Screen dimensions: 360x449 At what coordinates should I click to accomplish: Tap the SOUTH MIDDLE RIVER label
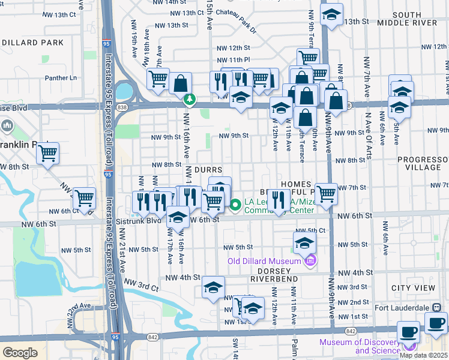click(414, 19)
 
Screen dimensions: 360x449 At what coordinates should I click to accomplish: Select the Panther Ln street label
click(61, 78)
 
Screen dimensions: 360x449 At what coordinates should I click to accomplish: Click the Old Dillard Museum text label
click(264, 261)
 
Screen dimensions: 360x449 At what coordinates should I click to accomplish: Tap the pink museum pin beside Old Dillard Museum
click(310, 260)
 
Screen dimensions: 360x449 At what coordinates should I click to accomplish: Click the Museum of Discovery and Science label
click(360, 346)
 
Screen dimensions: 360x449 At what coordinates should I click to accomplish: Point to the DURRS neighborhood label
click(208, 170)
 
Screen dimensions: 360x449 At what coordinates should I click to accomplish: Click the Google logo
click(20, 353)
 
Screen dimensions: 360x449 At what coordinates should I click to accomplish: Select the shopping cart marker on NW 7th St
click(326, 194)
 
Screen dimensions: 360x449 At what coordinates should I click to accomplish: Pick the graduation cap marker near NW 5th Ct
click(304, 242)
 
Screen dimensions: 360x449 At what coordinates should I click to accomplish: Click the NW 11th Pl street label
click(234, 60)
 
